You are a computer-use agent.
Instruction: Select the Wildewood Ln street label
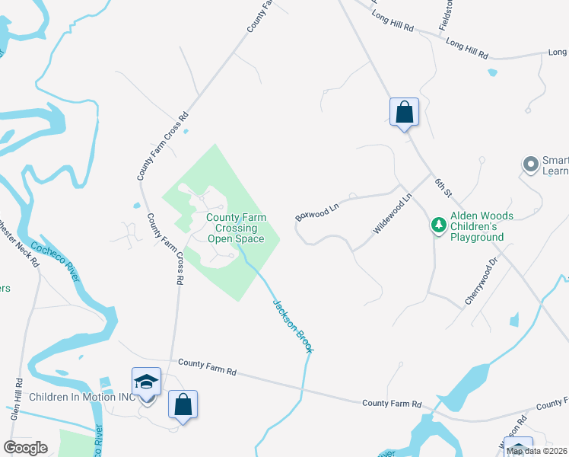393,214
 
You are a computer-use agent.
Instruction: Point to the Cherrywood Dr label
483,276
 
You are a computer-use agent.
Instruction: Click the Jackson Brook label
293,325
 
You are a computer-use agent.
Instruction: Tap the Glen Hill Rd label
16,400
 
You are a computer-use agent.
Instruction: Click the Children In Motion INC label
81,397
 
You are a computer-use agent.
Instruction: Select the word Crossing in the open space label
236,228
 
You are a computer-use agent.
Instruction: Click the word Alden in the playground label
466,216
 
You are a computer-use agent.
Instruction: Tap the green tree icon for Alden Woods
438,225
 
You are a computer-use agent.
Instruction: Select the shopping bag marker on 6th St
404,113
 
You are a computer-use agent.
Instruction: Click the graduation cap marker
146,382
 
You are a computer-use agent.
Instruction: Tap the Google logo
25,448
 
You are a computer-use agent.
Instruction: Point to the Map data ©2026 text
537,451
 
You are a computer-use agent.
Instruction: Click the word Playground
477,238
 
